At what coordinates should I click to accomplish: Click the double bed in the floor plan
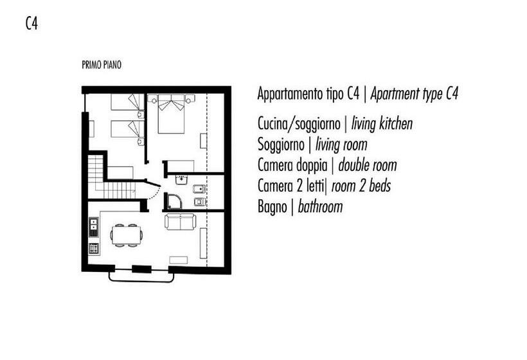[172, 114]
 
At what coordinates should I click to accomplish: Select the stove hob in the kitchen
[94, 248]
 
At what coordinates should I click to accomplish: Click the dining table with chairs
[126, 235]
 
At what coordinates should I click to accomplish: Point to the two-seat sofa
[181, 222]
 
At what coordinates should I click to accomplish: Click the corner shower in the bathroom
[174, 201]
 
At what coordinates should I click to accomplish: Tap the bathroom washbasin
[181, 180]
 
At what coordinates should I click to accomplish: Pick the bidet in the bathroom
[199, 189]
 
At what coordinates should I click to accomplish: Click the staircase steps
[107, 184]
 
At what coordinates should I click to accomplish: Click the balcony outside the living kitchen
[141, 276]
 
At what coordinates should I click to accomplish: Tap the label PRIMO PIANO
[102, 65]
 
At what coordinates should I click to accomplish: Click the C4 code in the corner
[31, 24]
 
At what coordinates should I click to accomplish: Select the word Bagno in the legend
[272, 207]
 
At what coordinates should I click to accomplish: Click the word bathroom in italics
[320, 207]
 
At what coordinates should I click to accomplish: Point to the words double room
[368, 165]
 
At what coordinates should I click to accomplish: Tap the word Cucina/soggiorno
[299, 123]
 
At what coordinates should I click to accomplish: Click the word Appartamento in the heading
[290, 94]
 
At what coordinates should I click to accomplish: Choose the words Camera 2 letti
[290, 186]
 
